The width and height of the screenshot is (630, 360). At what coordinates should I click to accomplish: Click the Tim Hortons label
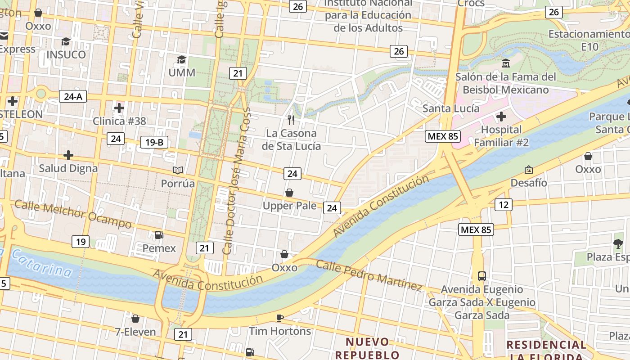280,331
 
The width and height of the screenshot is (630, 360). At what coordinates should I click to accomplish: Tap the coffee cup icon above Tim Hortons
280,318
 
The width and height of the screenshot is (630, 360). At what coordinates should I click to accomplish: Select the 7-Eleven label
135,332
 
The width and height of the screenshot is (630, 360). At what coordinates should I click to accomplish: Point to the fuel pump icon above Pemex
159,234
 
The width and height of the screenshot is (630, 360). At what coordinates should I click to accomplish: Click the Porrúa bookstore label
178,184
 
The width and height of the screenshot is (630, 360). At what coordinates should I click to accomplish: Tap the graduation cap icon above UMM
181,60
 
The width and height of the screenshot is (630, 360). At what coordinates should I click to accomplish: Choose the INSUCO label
66,54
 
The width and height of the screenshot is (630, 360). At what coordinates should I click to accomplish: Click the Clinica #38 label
119,121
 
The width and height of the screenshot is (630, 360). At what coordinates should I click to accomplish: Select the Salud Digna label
68,168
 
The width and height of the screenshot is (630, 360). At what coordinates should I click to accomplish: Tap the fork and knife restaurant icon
291,120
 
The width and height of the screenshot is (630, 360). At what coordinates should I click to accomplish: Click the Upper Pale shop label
289,206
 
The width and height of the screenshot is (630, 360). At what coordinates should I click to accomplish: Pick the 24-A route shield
72,96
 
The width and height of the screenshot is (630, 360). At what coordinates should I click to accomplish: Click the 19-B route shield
154,142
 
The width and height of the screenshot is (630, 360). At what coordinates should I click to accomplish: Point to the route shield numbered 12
503,205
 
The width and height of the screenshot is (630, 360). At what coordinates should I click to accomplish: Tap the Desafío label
529,183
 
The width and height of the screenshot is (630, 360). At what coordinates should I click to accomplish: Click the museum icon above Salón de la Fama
505,63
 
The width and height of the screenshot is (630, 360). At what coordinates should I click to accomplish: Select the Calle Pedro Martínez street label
369,274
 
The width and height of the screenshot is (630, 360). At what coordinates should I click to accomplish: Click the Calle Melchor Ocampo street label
73,214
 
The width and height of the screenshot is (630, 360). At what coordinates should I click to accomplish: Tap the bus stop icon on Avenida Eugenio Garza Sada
481,276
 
